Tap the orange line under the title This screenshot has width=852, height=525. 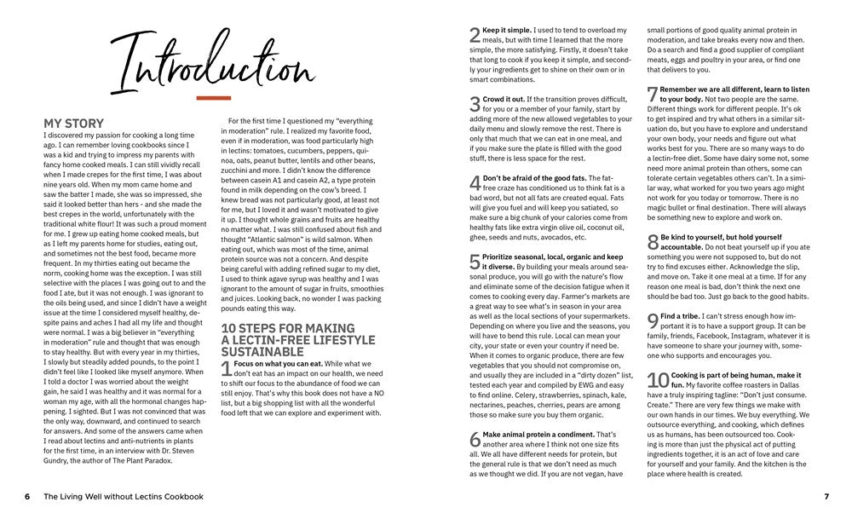tap(213, 98)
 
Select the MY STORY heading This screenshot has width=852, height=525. tap(73, 124)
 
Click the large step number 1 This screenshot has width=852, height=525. tap(226, 369)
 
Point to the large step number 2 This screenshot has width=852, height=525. tap(475, 35)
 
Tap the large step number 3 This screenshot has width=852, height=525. tap(475, 105)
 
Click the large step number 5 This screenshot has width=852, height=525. tap(475, 262)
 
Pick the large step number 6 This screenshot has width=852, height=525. tap(475, 440)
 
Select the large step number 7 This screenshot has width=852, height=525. tap(653, 95)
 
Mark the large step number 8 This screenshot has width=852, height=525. tap(653, 242)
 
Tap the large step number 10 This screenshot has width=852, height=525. tap(658, 381)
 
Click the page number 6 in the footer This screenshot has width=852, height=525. tap(27, 497)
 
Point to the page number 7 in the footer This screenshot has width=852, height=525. tap(826, 497)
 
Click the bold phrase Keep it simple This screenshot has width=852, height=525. tap(508, 31)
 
